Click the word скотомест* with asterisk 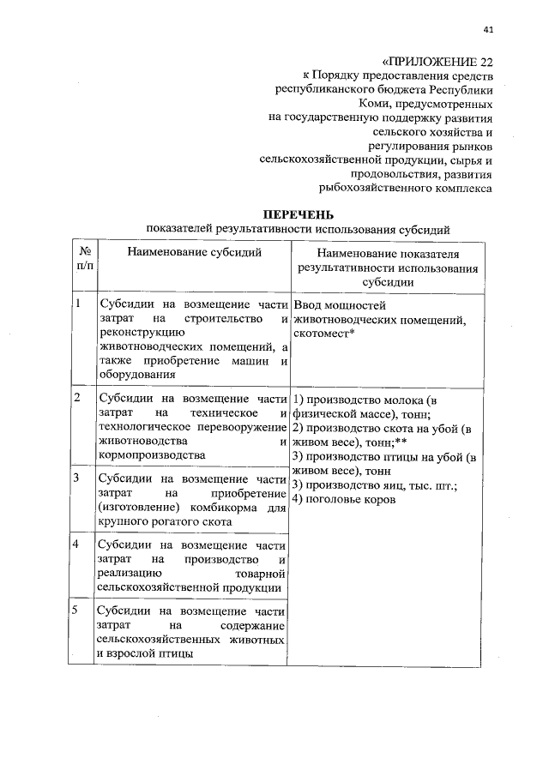click(323, 334)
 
